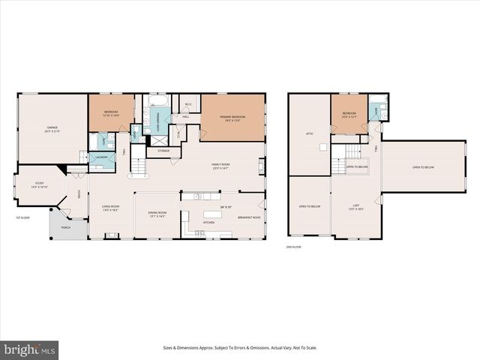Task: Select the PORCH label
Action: (65, 226)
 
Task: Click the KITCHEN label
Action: (209, 223)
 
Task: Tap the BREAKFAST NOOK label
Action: (248, 217)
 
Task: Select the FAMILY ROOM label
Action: (220, 165)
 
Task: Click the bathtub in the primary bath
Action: (157, 100)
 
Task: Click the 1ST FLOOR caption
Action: (22, 218)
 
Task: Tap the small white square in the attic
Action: (322, 148)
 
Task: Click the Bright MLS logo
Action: (30, 349)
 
